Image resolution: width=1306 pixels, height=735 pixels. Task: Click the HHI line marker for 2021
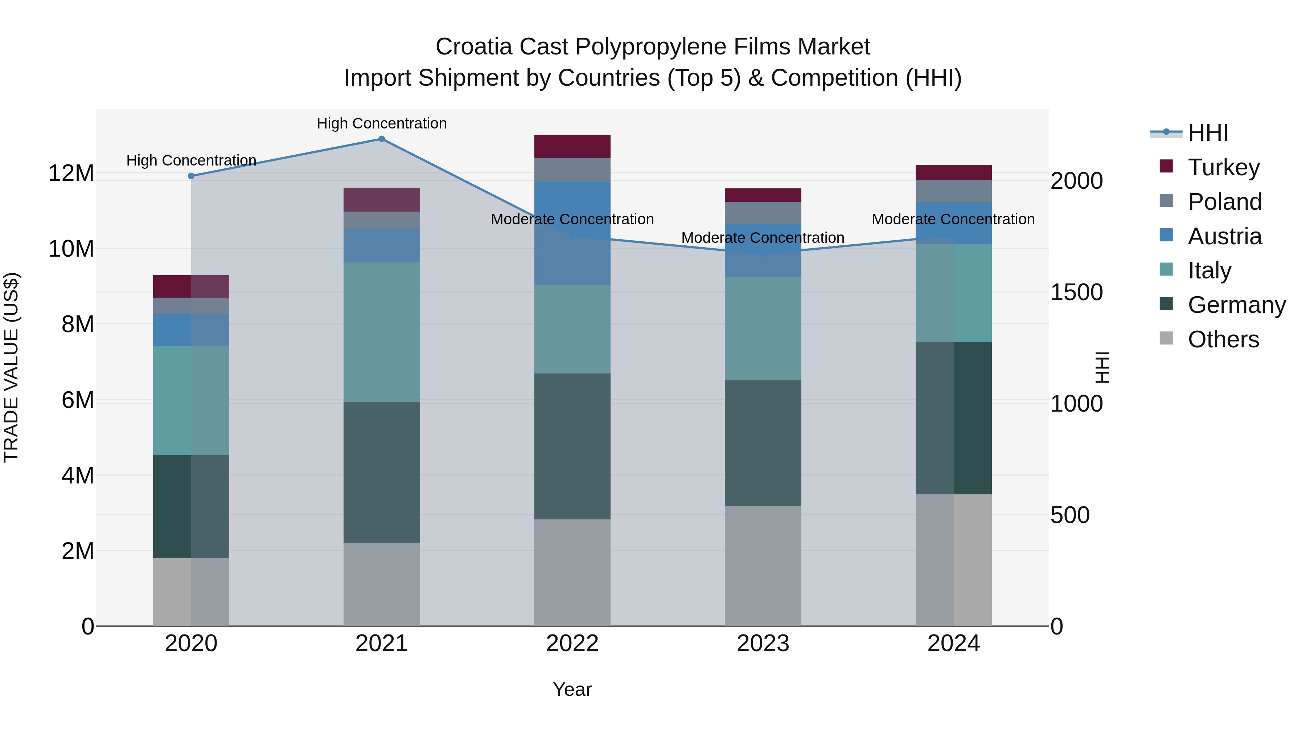[x=382, y=139]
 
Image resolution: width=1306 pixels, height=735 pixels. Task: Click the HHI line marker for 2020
[x=191, y=176]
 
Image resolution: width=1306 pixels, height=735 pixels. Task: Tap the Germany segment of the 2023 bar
[x=763, y=443]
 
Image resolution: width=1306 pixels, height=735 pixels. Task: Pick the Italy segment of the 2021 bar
[x=382, y=332]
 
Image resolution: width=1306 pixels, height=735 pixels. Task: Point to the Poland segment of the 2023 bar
[x=763, y=213]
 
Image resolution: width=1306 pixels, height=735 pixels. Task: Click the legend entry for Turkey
[x=1223, y=167]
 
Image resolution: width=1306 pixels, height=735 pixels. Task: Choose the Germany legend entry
[x=1236, y=305]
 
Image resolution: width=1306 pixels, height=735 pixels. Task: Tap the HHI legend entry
[x=1207, y=133]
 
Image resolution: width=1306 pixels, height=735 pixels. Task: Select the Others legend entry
[x=1223, y=339]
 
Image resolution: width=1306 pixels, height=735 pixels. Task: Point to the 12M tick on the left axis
[x=71, y=173]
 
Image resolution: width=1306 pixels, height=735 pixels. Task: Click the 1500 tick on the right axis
[x=1076, y=292]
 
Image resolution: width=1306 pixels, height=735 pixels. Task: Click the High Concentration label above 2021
[x=382, y=123]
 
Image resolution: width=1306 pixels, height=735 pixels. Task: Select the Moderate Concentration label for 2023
[x=763, y=237]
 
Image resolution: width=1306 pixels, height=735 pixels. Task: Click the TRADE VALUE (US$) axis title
[x=11, y=367]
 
